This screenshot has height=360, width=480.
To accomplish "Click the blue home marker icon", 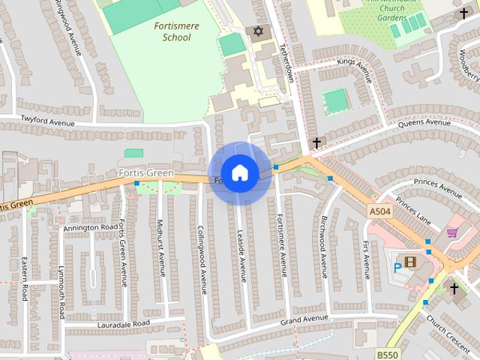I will pyautogui.click(x=239, y=173).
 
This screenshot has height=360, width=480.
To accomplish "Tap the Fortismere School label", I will pyautogui.click(x=172, y=31).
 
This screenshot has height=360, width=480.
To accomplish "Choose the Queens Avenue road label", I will pyautogui.click(x=424, y=122).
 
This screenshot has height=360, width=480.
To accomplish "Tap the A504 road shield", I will pyautogui.click(x=379, y=213).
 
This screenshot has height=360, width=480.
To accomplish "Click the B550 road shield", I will pyautogui.click(x=387, y=353).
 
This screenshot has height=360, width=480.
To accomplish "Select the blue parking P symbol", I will pyautogui.click(x=397, y=266).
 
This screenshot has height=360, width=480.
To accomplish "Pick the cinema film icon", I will pyautogui.click(x=410, y=262).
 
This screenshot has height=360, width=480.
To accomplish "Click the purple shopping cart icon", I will pyautogui.click(x=451, y=233).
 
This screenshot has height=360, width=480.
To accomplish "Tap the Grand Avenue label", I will pyautogui.click(x=304, y=320).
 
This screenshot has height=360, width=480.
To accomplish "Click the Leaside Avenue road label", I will pyautogui.click(x=242, y=255).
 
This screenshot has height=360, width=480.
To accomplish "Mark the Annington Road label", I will pyautogui.click(x=91, y=227).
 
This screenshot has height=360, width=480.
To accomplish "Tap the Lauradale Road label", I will pyautogui.click(x=124, y=323).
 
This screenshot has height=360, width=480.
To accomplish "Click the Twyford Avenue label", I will pyautogui.click(x=49, y=120).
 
